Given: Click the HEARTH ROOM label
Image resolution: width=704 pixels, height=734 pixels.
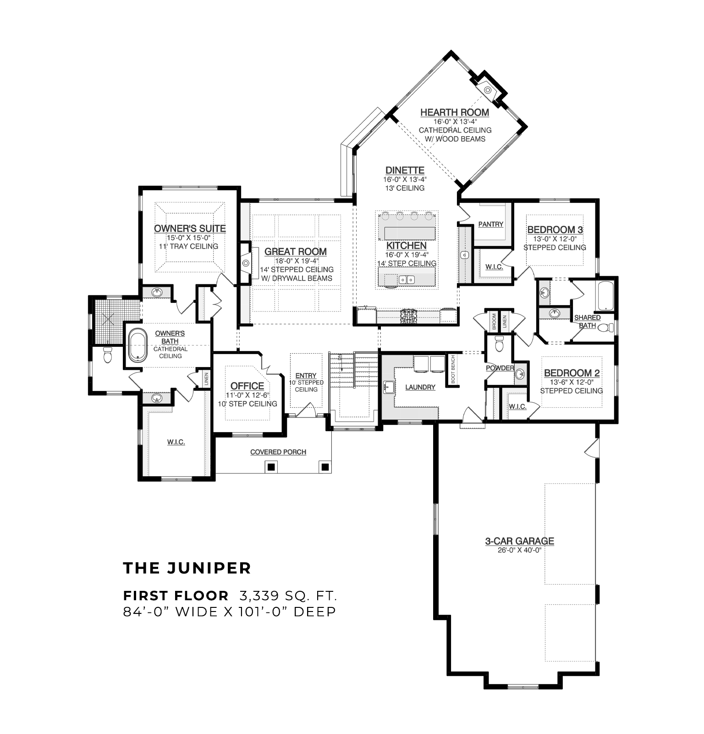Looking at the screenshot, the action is [x=455, y=112].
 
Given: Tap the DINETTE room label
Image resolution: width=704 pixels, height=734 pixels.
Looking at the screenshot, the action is [x=405, y=170].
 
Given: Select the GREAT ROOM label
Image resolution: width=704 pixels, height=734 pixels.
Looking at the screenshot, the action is [x=296, y=251].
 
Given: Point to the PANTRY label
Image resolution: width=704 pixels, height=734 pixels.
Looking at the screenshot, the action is [x=491, y=224].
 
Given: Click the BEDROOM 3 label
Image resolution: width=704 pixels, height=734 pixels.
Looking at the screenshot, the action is [x=555, y=230].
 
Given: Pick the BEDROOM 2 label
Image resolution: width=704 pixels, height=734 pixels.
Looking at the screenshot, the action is [x=572, y=373].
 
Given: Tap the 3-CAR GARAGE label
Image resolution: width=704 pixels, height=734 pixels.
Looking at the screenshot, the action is [x=520, y=541].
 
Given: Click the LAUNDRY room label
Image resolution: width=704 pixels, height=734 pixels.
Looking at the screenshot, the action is [x=420, y=387].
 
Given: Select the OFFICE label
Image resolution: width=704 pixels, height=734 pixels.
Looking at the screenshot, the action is [x=247, y=386].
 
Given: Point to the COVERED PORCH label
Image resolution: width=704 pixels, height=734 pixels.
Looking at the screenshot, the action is [x=278, y=452].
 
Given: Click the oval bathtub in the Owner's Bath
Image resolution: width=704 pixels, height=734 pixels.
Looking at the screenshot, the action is [x=136, y=345].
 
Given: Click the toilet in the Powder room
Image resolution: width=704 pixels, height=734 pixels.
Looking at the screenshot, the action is [x=499, y=343].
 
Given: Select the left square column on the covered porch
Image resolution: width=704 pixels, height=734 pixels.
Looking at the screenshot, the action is [x=271, y=467].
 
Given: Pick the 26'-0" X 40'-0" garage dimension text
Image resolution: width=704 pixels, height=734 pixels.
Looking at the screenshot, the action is [x=520, y=550].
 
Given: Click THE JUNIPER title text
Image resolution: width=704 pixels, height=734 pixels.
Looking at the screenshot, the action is [x=187, y=568].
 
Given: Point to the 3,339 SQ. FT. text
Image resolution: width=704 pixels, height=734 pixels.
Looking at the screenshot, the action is [x=288, y=596].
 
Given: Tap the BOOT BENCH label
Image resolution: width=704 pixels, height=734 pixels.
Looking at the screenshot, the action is [x=453, y=369].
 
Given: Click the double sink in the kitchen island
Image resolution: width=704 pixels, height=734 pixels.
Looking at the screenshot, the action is [x=407, y=279].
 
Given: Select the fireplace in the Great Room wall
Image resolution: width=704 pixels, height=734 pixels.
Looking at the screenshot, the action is [x=246, y=263].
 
